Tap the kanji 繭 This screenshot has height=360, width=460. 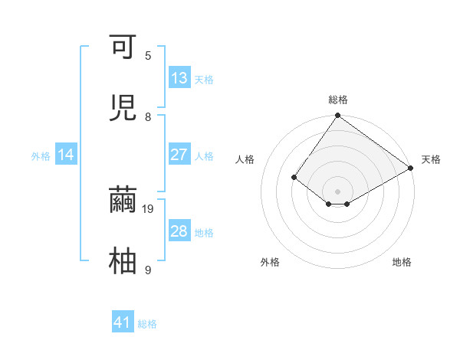click(123, 201)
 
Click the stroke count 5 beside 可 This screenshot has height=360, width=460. click(148, 56)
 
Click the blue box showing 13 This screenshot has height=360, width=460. click(179, 78)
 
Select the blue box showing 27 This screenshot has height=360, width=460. click(179, 155)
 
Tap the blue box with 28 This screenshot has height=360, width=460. click(179, 231)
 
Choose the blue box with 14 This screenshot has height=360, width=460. click(66, 155)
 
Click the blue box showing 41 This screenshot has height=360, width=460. click(123, 322)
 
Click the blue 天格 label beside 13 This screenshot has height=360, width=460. click(203, 80)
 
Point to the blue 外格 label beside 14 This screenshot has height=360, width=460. click(41, 156)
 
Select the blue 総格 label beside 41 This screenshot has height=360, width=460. click(147, 324)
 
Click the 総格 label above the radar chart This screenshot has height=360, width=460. click(338, 100)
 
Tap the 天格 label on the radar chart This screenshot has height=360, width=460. click(431, 159)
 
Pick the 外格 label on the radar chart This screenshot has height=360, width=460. click(270, 262)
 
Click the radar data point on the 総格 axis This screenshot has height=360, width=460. click(338, 116)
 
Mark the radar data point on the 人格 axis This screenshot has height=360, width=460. click(294, 177)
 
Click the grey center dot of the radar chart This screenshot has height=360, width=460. click(338, 191)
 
